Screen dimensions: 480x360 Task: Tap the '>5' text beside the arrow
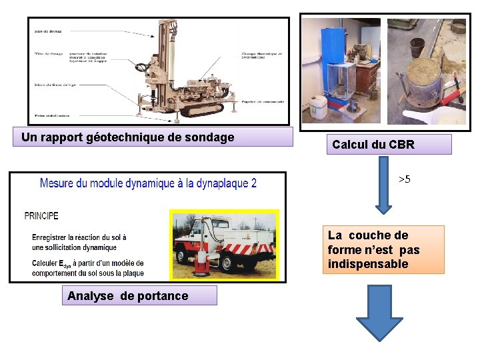click(405, 179)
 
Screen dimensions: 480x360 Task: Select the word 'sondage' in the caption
click(211, 137)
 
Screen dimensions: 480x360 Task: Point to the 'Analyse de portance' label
click(128, 296)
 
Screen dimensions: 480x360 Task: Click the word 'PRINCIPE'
click(41, 216)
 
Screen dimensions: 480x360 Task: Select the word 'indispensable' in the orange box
click(368, 264)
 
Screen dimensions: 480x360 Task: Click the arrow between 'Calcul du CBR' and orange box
click(383, 184)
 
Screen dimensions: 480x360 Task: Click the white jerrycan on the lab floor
click(319, 105)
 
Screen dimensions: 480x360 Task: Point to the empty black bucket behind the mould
click(417, 46)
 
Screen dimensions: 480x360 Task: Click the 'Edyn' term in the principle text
click(63, 264)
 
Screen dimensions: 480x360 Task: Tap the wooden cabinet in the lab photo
click(366, 75)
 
